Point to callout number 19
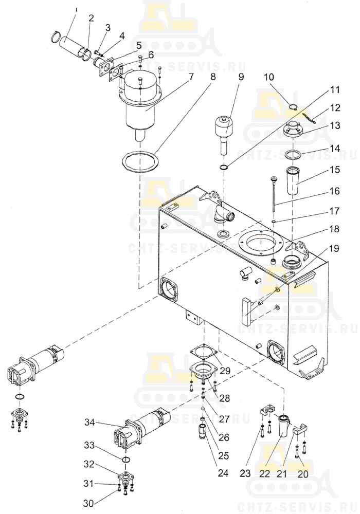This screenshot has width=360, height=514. pyautogui.click(x=334, y=249)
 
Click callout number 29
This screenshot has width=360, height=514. pyautogui.click(x=225, y=371)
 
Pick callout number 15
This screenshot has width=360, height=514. pyautogui.click(x=335, y=169)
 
